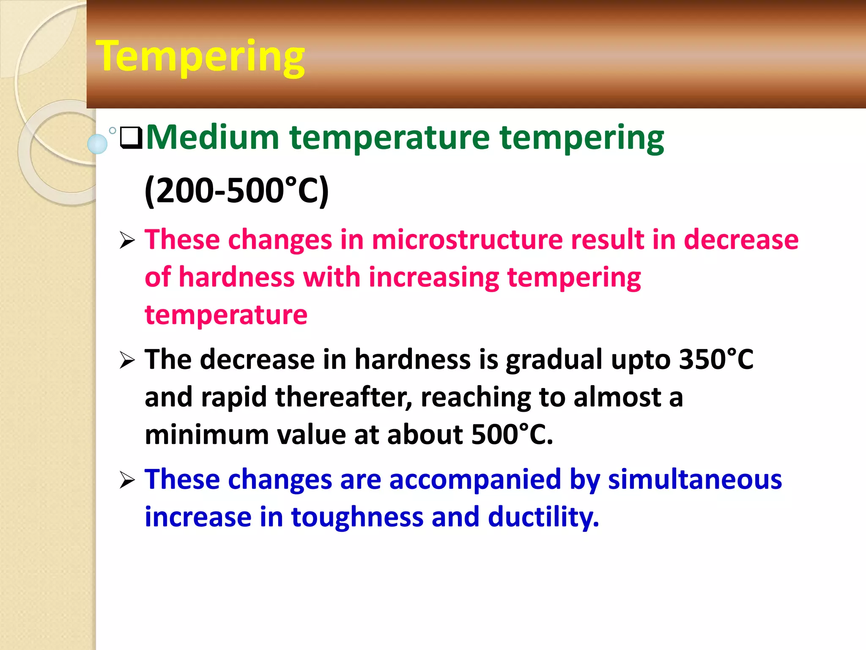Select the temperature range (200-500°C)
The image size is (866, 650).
236,191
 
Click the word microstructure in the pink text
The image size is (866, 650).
467,240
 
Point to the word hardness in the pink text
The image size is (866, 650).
236,278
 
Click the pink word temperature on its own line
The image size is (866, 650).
226,315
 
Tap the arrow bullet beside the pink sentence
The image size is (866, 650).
127,240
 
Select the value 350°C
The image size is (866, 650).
716,360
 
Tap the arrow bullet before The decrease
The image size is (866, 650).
127,361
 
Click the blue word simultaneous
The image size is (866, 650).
695,479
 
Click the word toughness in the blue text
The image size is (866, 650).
357,517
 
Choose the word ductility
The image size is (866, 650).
543,517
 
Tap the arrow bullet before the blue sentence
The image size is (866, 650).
127,480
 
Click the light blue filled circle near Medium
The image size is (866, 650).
97,144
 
